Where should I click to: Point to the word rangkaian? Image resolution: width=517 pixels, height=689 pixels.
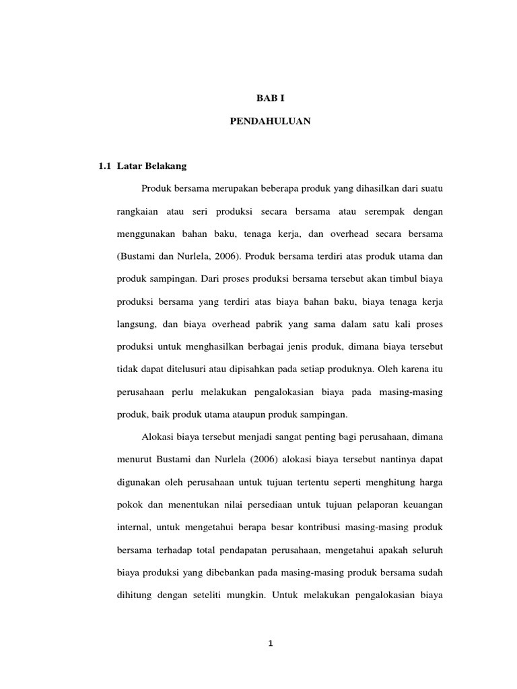tap(138, 211)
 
